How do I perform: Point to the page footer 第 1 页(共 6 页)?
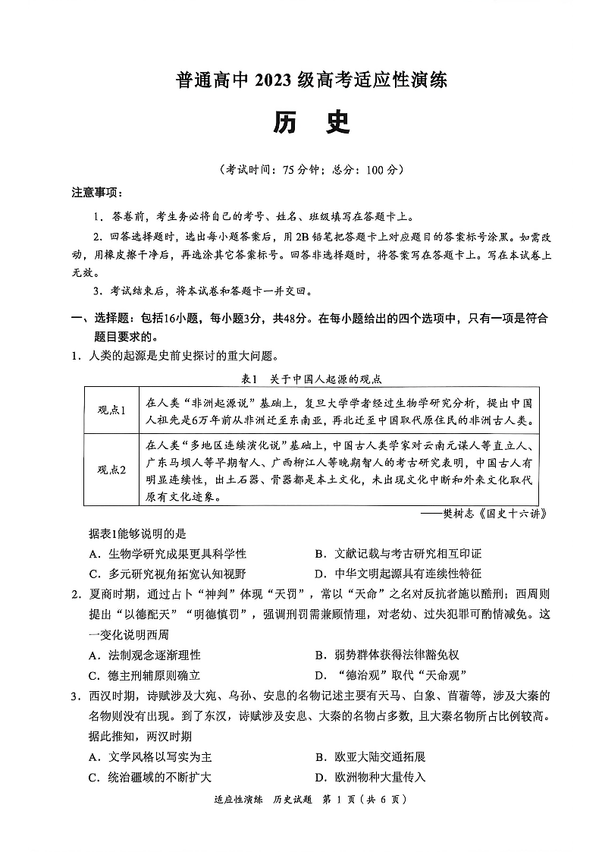click(x=365, y=821)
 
